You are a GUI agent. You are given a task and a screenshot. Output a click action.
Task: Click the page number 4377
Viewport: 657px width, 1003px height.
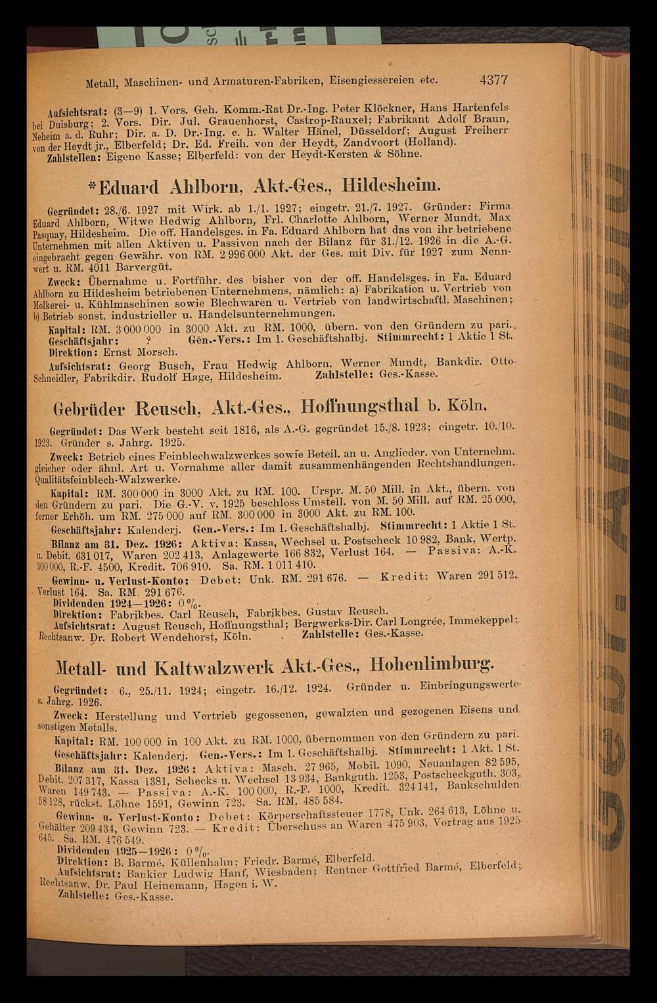[486, 81]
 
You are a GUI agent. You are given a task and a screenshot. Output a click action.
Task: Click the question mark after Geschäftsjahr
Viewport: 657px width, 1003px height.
[148, 341]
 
